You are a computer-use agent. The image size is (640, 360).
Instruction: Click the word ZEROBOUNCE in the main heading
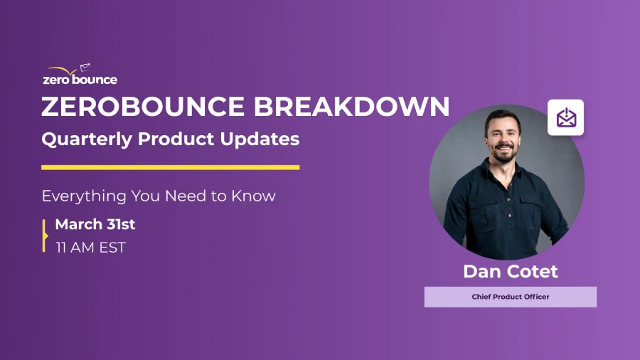pyautogui.click(x=142, y=107)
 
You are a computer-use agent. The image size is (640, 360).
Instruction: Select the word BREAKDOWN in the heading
pyautogui.click(x=351, y=107)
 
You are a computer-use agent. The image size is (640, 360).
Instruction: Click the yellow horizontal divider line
pyautogui.click(x=170, y=168)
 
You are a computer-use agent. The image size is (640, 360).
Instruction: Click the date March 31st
pyautogui.click(x=95, y=225)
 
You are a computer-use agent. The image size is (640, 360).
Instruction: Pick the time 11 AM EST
pyautogui.click(x=90, y=248)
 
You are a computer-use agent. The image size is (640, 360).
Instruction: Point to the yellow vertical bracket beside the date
pyautogui.click(x=45, y=235)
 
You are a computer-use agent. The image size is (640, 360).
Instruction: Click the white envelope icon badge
pyautogui.click(x=565, y=117)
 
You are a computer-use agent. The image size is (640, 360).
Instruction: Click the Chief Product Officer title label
pyautogui.click(x=510, y=297)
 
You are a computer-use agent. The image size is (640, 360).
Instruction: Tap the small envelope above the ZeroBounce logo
pyautogui.click(x=85, y=68)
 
